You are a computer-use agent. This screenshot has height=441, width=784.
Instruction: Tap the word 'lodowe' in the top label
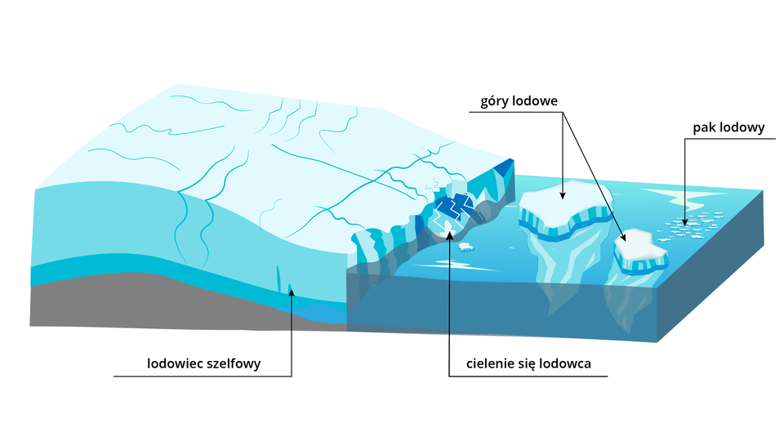coord(534,102)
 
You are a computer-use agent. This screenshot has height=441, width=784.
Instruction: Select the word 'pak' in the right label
coord(705,127)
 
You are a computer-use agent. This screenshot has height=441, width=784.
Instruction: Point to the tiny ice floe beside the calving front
coord(465,245)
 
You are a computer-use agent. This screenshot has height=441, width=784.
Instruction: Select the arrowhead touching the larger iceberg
coord(563,195)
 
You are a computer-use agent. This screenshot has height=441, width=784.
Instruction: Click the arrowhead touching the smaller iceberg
coord(626,237)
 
